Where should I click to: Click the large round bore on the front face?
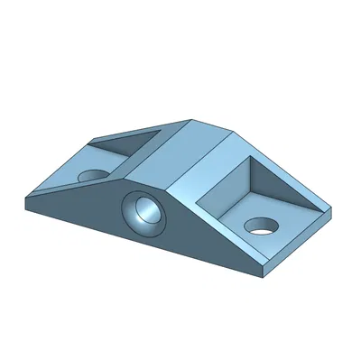[143, 213]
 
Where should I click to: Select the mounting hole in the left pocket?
[91, 174]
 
